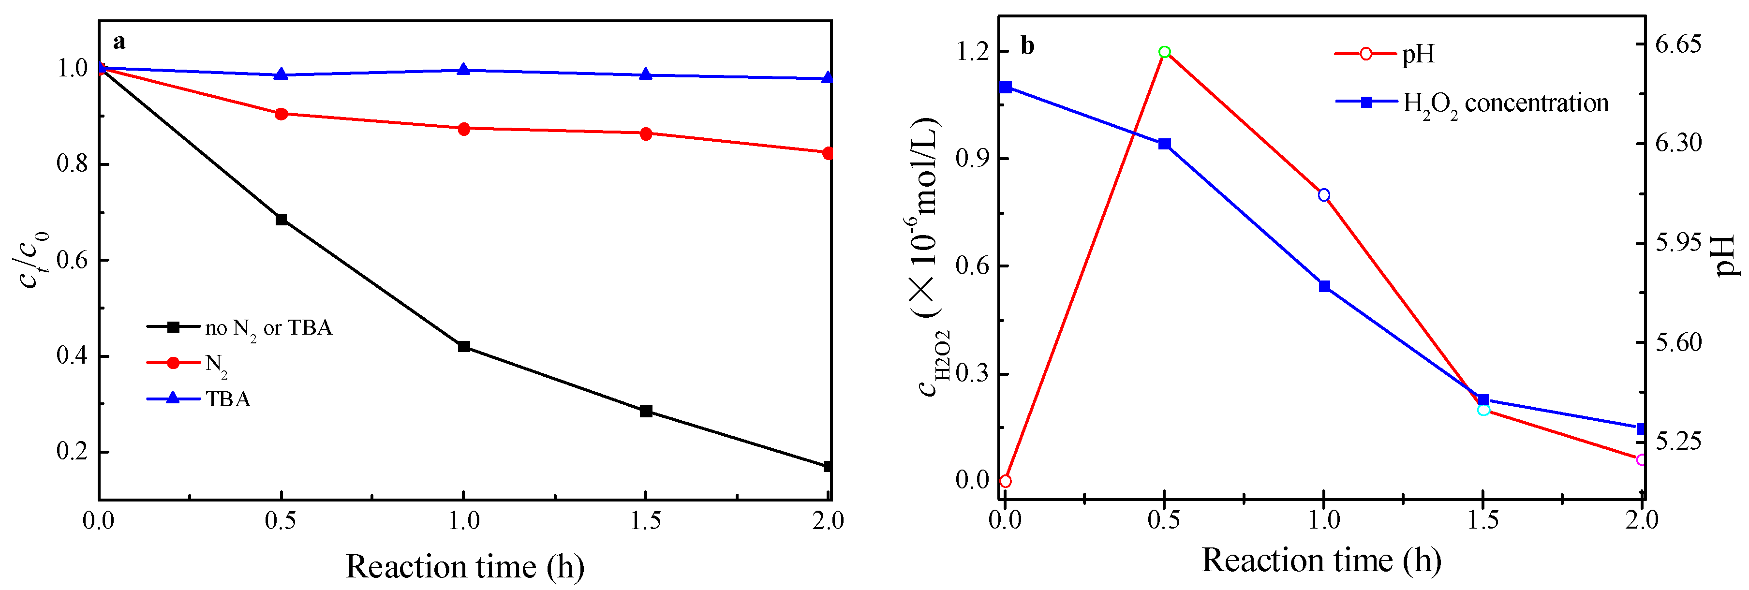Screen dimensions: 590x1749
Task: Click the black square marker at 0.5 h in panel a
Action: [281, 219]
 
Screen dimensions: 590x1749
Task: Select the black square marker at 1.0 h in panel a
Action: [464, 346]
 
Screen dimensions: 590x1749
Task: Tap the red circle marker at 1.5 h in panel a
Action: [646, 134]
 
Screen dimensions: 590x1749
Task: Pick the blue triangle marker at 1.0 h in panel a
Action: [464, 69]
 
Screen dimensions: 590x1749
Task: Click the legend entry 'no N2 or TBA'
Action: [268, 328]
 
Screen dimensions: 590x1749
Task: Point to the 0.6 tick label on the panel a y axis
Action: [72, 260]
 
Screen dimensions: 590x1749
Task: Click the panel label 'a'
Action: [119, 42]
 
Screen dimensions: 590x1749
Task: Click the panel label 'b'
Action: [1027, 46]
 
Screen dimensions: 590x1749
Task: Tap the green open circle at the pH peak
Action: [1164, 52]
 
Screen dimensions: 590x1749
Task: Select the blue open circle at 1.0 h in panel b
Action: [1323, 195]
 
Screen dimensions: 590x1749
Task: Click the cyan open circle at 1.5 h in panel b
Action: [1483, 410]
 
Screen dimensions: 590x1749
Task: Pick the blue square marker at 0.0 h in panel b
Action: [1006, 87]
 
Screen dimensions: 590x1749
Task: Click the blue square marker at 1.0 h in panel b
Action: [1324, 286]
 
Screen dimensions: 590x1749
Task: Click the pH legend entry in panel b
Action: [1418, 54]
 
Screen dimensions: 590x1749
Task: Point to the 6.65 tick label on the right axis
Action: [1678, 44]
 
